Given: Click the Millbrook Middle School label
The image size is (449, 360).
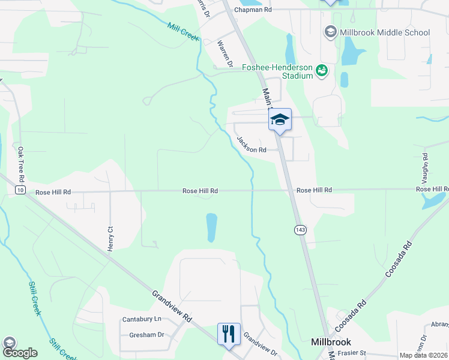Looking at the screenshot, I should pyautogui.click(x=385, y=32).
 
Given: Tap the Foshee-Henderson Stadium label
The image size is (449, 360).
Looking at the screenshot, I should pyautogui.click(x=278, y=71).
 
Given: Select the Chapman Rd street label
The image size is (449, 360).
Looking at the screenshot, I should pyautogui.click(x=253, y=10).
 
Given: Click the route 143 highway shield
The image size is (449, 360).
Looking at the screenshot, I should pyautogui.click(x=300, y=230).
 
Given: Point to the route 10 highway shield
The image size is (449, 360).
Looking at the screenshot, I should pyautogui.click(x=20, y=190).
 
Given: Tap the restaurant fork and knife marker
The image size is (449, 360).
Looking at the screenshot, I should pyautogui.click(x=229, y=334).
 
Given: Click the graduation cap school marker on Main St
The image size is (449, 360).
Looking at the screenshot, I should pyautogui.click(x=280, y=119).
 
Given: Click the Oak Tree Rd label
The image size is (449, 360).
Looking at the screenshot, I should pyautogui.click(x=21, y=164).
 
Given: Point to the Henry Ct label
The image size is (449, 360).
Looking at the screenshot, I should pyautogui.click(x=110, y=238).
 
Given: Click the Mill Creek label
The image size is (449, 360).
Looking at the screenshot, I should pyautogui.click(x=183, y=32).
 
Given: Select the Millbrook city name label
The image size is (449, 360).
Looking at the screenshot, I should pyautogui.click(x=331, y=342).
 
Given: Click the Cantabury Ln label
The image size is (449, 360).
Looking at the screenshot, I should pyautogui.click(x=142, y=319).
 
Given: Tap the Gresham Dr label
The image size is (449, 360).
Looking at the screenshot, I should pyautogui.click(x=146, y=335).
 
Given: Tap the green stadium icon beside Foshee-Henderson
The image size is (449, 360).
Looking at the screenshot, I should pyautogui.click(x=322, y=71).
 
